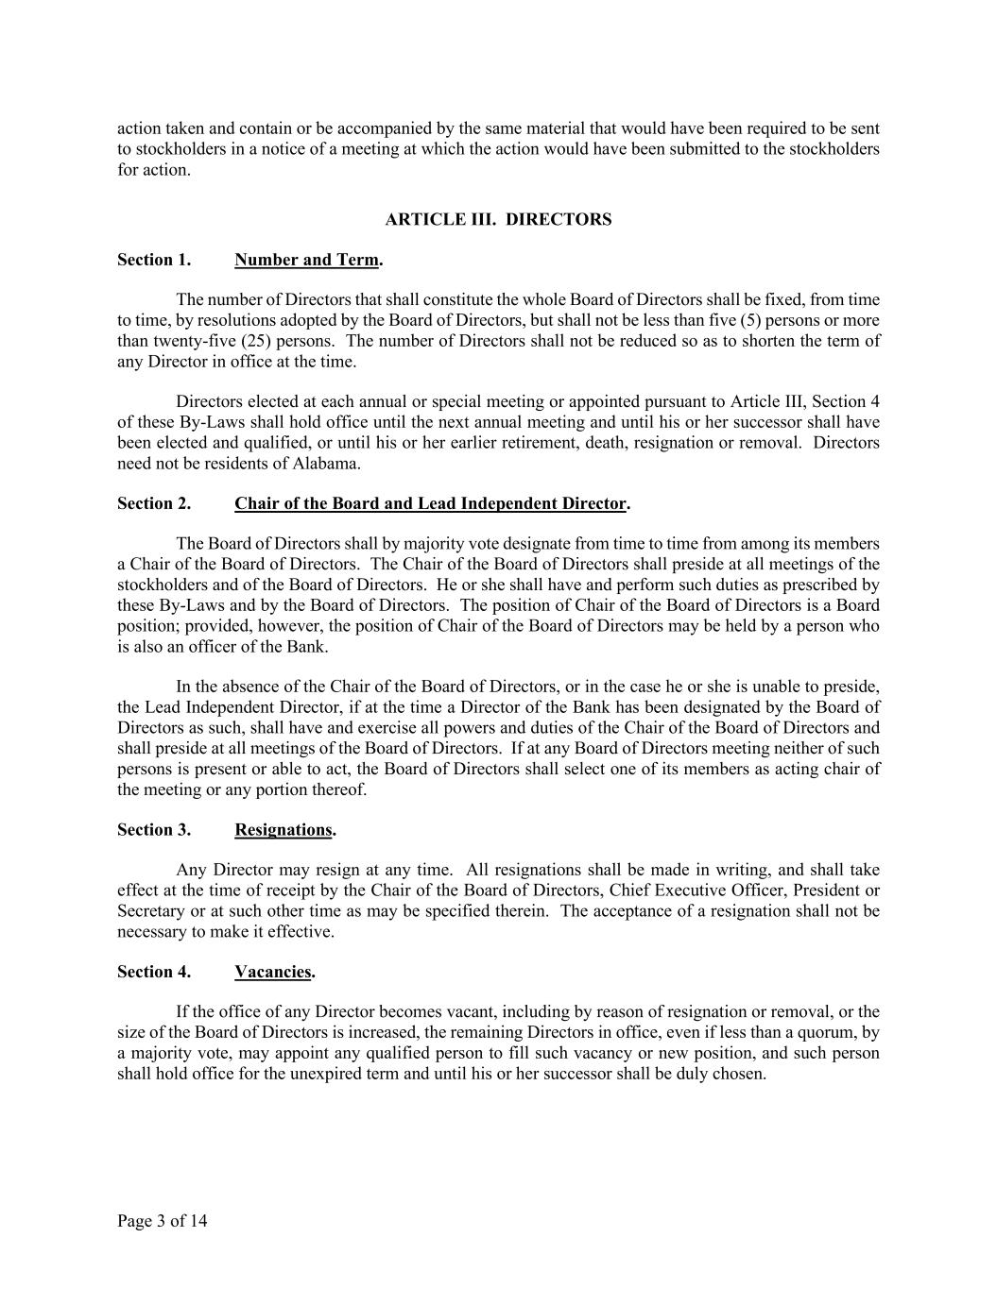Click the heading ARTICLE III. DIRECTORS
coord(498,219)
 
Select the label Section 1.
coord(154,260)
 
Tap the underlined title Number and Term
coord(307,260)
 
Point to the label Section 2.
coord(154,503)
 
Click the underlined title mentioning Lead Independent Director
coord(431,503)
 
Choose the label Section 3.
coord(154,830)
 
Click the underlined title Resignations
coord(284,830)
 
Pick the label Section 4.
coord(154,972)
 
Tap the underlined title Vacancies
coord(273,972)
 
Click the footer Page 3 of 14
coord(163,1221)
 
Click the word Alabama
coord(328,464)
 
